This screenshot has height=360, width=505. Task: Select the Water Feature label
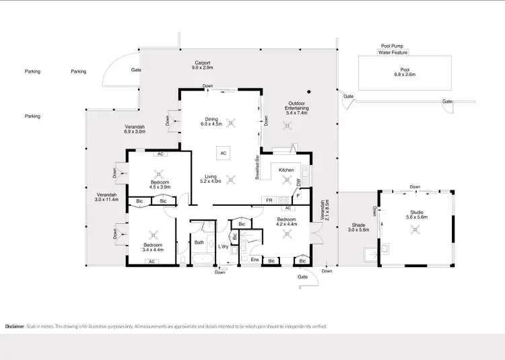pos(394,52)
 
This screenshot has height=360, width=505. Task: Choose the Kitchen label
pos(286,170)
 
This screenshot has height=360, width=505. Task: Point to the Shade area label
pos(358,227)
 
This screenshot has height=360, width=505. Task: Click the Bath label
pos(199,242)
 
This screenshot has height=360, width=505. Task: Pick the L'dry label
pos(223,246)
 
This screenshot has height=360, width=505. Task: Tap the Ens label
pos(255,259)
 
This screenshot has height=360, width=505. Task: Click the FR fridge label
pos(269,201)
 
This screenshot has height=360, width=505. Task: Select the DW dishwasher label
pos(299,182)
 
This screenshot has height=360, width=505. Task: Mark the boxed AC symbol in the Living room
pos(222,153)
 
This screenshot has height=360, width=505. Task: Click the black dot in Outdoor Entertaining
pos(309,92)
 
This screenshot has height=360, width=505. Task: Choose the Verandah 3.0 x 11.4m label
pos(107,196)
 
